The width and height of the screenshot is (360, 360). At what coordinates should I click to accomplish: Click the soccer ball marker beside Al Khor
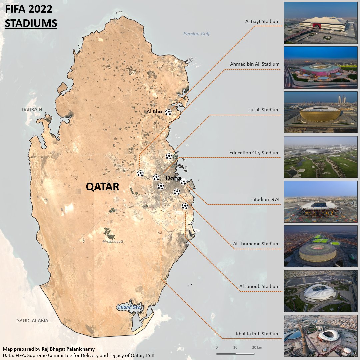169,112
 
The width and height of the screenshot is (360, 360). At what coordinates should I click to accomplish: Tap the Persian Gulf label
197,34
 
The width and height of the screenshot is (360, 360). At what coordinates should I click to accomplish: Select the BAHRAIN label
32,109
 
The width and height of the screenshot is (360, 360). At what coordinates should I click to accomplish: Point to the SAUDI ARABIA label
33,321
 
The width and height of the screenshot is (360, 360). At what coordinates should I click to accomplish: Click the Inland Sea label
130,307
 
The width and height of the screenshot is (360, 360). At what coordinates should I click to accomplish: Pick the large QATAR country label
102,187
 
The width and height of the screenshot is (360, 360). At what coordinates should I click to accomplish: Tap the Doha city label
173,178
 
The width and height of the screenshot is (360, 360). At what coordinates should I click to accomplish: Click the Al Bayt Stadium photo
320,23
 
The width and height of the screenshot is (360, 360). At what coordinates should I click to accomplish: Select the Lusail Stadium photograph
320,112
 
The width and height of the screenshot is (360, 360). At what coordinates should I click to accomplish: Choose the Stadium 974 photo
320,202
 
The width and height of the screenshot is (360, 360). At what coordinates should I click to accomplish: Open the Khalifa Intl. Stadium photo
320,336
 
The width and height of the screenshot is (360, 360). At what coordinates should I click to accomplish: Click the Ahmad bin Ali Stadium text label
255,64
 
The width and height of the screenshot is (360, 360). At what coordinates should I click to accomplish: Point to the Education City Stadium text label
254,153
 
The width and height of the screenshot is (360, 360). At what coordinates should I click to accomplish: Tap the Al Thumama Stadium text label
256,244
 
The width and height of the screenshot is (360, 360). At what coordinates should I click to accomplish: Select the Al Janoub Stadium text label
259,286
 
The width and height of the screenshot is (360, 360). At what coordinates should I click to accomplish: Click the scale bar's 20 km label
257,347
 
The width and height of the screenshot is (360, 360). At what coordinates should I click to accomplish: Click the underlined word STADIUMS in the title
31,24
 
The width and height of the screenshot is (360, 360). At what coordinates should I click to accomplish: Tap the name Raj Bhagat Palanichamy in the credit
68,349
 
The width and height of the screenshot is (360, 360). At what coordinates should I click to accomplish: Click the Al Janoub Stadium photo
320,291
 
